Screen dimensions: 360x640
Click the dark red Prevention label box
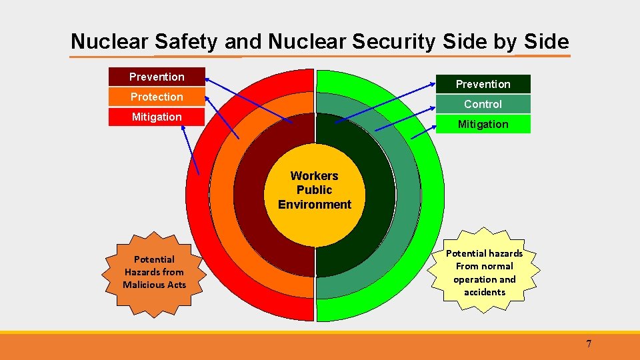(x=157, y=77)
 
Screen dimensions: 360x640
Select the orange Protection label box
(x=157, y=97)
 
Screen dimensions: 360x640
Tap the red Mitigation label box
(x=157, y=117)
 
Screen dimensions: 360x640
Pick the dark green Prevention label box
(x=483, y=84)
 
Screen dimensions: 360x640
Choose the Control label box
(x=483, y=104)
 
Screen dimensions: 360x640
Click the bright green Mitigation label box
(x=483, y=124)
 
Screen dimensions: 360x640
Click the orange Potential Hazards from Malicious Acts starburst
(x=154, y=272)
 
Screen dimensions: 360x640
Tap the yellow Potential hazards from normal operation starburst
(x=485, y=272)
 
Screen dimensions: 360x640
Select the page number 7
(x=589, y=344)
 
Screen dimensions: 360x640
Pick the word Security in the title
(x=393, y=42)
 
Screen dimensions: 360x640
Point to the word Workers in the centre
(x=315, y=176)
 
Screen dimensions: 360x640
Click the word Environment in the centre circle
(x=315, y=205)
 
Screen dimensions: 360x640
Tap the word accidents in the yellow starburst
(x=485, y=292)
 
